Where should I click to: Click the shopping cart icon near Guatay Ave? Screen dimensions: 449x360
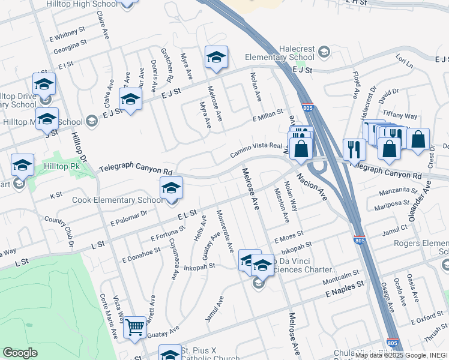[x=135, y=327]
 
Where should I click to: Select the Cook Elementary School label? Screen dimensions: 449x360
[x=116, y=200]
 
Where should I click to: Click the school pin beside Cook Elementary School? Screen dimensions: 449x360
[x=171, y=189]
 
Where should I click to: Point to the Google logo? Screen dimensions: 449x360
[x=19, y=353]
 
